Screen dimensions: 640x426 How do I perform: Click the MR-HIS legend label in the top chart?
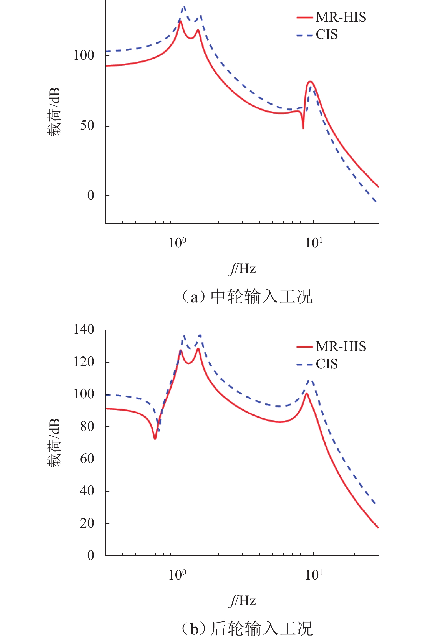(341, 17)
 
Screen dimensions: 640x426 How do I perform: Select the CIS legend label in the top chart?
(327, 35)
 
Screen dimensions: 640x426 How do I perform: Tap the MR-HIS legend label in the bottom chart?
(341, 346)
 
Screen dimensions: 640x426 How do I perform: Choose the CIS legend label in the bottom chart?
(327, 364)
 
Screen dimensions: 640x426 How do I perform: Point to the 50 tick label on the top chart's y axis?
(87, 126)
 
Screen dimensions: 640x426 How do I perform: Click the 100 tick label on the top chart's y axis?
(84, 55)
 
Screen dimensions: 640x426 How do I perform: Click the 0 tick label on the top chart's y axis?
(91, 196)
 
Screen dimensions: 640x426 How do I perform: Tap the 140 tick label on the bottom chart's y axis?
(84, 330)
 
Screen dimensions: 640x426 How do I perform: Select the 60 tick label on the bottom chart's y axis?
(87, 459)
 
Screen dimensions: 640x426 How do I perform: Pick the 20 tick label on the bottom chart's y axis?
(87, 523)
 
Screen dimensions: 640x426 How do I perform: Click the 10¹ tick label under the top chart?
(314, 243)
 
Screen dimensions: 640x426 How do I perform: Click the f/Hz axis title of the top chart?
(242, 269)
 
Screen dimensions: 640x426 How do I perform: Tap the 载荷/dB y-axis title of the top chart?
(54, 112)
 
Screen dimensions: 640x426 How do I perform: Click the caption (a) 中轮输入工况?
(247, 297)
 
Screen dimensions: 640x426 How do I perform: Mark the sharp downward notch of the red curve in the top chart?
(303, 128)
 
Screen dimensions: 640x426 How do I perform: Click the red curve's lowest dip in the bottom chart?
(155, 439)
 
